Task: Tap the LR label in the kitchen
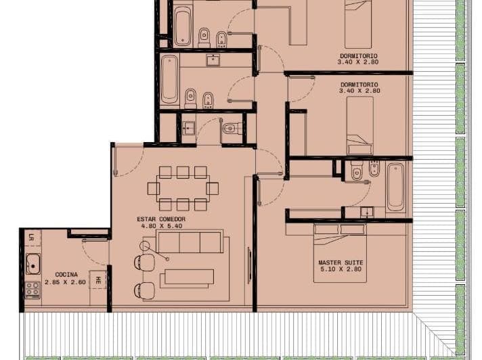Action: point(32,237)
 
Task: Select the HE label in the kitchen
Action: point(99,279)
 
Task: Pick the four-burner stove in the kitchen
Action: point(32,290)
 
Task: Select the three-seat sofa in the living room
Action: point(190,242)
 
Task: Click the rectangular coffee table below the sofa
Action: point(187,278)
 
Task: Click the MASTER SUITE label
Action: point(340,262)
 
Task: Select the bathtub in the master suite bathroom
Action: point(396,186)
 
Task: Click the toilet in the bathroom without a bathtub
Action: point(232,127)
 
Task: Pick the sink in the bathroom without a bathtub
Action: point(188,128)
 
